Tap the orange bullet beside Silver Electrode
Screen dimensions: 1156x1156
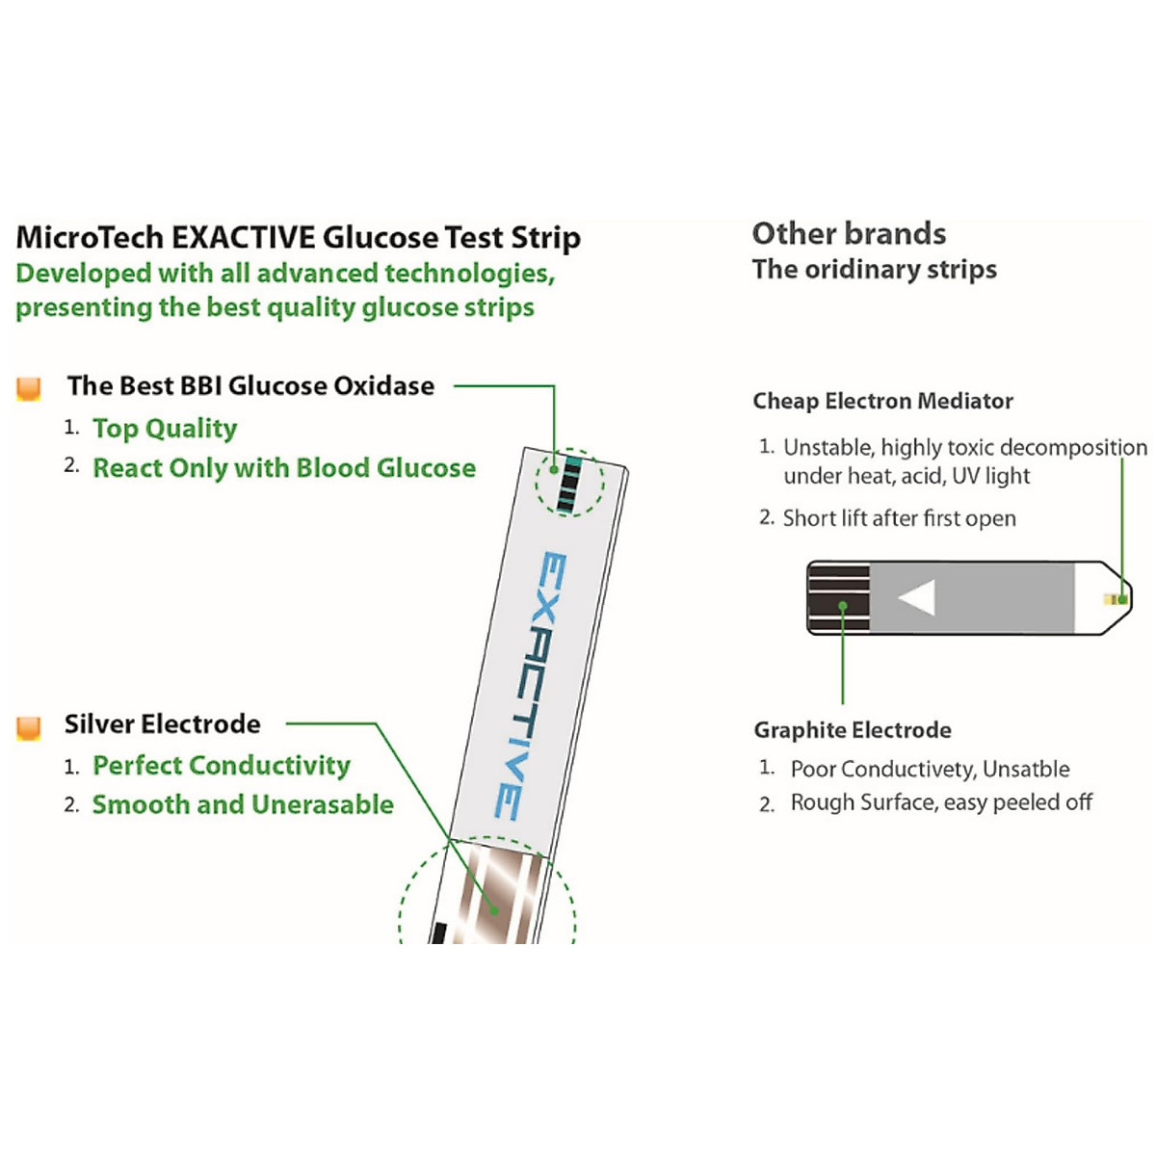coord(29,727)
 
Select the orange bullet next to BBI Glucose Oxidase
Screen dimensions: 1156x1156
coord(29,388)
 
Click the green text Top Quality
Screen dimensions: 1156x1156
coord(165,428)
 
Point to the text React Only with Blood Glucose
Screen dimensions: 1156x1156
coord(284,468)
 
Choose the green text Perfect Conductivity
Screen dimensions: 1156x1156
coord(222,766)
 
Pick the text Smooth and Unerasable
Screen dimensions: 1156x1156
coord(243,804)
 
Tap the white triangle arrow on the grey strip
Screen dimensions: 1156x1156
coord(917,597)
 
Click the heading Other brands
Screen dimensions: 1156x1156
coord(849,233)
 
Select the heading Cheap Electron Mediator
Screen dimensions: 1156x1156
coord(882,401)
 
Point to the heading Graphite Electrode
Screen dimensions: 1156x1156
coord(853,730)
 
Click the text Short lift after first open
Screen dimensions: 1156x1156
coord(899,518)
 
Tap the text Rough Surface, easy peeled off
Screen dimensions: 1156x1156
coord(941,802)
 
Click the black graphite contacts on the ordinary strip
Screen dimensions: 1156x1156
coord(839,597)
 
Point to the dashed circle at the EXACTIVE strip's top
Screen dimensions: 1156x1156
coord(570,481)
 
